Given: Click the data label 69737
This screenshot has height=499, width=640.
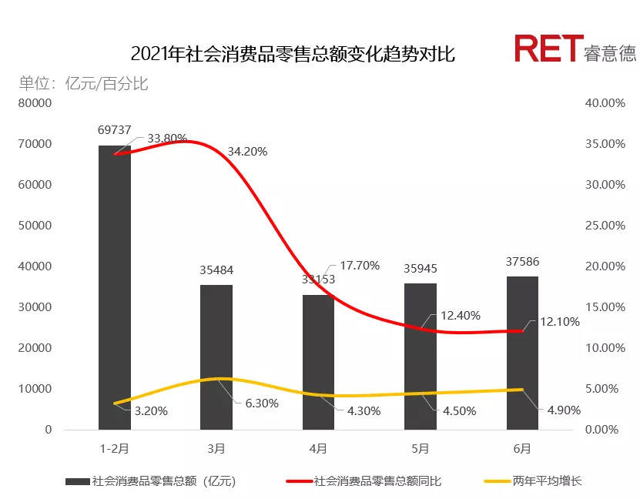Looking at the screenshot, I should [114, 129].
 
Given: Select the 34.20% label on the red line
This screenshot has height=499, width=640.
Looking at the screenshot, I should [247, 152].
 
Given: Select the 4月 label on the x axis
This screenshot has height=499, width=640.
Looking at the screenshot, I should [318, 447].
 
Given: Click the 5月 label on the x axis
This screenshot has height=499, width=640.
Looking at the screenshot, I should [420, 447].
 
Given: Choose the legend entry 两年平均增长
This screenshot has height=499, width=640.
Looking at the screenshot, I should [548, 481].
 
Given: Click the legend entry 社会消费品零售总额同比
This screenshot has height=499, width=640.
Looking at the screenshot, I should [377, 481].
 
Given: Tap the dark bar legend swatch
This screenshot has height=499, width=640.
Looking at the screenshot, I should [76, 482].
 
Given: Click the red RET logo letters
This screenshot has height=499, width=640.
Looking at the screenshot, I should [545, 49].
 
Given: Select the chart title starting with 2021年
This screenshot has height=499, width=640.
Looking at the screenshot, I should [293, 54].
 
